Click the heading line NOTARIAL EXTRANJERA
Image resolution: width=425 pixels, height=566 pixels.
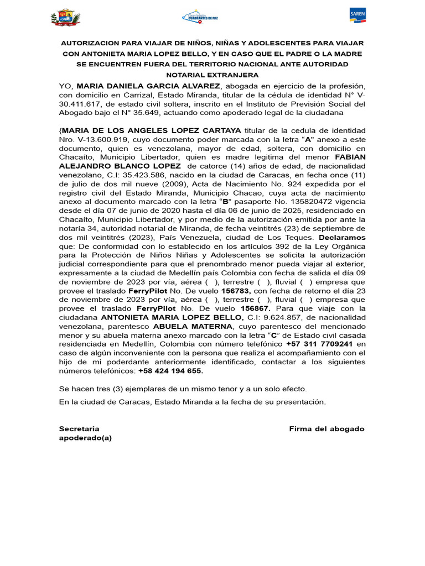point(212,75)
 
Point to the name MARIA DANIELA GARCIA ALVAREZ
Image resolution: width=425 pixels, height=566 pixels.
point(149,86)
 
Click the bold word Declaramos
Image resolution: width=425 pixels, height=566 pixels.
point(342,237)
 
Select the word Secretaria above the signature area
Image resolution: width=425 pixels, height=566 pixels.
point(79,429)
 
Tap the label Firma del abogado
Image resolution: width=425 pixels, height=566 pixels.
point(326,429)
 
